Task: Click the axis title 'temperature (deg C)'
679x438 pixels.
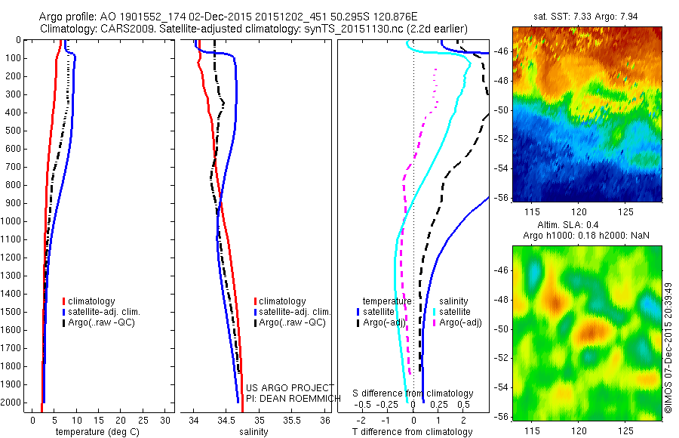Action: (95, 432)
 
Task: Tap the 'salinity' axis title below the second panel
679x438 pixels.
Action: (253, 432)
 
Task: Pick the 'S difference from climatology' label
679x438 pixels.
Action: (413, 393)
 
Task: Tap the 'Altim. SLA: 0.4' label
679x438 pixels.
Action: (585, 226)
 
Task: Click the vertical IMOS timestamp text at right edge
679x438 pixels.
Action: (668, 332)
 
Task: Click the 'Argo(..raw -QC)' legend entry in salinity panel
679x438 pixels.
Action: (292, 322)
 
